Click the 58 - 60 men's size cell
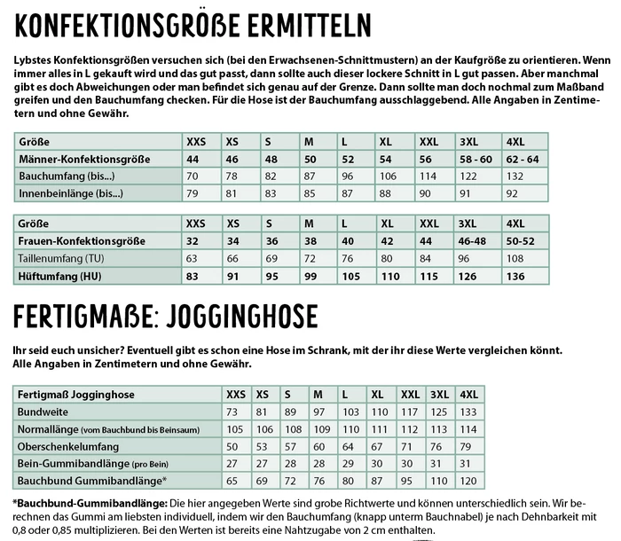[475, 159]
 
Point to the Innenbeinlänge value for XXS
[192, 192]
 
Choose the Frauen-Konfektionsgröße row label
[76, 240]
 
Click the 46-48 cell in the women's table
[472, 240]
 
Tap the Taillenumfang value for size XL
[386, 257]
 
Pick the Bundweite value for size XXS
[232, 412]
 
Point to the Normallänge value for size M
[316, 428]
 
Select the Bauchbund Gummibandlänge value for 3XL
[436, 480]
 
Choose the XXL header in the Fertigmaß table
[409, 394]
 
